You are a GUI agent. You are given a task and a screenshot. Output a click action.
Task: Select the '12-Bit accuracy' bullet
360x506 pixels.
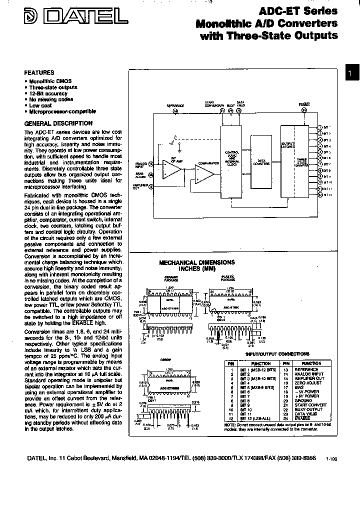(x=48, y=93)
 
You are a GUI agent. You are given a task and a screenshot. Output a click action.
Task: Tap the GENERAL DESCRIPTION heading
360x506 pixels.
(x=58, y=123)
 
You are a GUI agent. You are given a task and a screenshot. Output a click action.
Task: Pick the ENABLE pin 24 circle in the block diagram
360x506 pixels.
(x=304, y=110)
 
